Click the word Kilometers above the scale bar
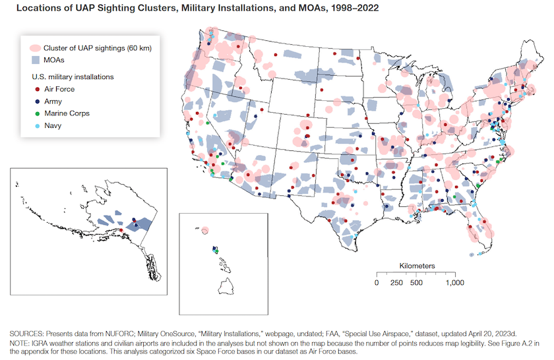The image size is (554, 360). [417, 265]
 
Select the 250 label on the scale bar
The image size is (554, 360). [396, 283]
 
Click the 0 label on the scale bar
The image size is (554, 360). [377, 283]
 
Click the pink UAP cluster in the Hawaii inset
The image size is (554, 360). [205, 230]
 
